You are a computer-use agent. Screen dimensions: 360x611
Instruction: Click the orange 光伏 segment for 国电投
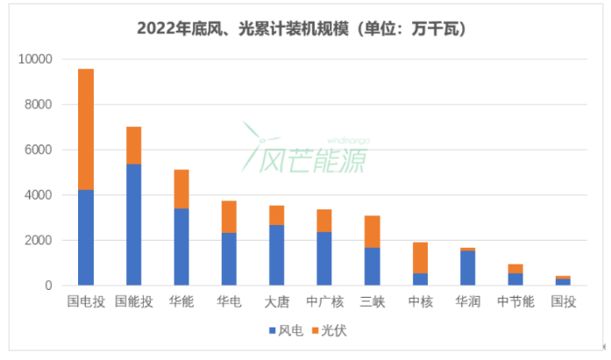86,130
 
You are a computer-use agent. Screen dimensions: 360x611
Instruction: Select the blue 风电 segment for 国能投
133,224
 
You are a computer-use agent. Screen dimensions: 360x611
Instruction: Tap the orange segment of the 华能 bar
181,188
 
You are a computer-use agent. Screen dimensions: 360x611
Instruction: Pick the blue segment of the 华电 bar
229,258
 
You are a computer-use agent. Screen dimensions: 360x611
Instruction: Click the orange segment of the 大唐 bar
276,215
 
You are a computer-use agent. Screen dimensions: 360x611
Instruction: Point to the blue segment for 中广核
324,258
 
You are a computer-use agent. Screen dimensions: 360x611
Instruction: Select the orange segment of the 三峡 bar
372,231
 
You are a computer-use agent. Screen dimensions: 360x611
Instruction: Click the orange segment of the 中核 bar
420,258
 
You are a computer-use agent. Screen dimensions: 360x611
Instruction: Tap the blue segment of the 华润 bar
467,268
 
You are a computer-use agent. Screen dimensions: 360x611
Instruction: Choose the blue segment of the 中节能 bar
515,279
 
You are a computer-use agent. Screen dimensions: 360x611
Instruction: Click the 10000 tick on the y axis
37,60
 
